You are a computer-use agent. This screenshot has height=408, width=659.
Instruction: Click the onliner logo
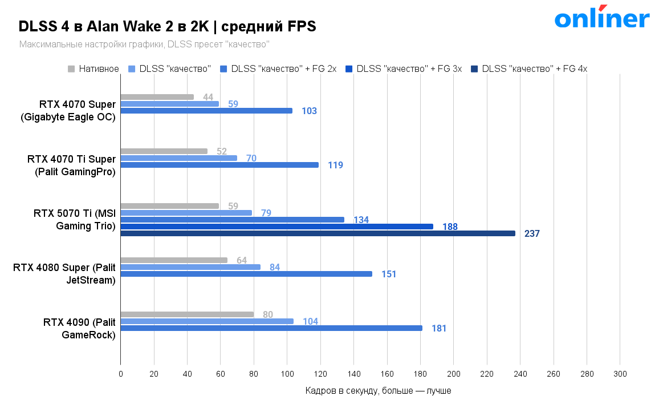pyautogui.click(x=601, y=18)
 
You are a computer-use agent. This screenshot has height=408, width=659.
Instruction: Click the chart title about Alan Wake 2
pyautogui.click(x=167, y=26)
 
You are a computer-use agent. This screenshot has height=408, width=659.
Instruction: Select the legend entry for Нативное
pyautogui.click(x=94, y=69)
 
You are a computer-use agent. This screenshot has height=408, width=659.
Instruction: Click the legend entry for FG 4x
pyautogui.click(x=530, y=69)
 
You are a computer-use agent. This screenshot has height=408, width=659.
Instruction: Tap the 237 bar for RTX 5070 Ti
pyautogui.click(x=318, y=233)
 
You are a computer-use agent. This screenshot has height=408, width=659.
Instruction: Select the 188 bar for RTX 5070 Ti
pyautogui.click(x=276, y=227)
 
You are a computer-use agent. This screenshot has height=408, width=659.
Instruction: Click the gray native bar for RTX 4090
pyautogui.click(x=187, y=314)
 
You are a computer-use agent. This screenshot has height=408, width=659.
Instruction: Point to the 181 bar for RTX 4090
pyautogui.click(x=271, y=328)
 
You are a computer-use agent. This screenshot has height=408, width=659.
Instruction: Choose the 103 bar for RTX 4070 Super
pyautogui.click(x=206, y=111)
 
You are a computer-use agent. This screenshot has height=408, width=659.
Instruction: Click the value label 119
pyautogui.click(x=335, y=165)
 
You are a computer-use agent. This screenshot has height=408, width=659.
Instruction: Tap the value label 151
pyautogui.click(x=389, y=274)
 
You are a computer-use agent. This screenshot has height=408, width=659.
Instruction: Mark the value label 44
pyautogui.click(x=208, y=97)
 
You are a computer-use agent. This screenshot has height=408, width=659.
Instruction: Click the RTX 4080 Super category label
pyautogui.click(x=64, y=273)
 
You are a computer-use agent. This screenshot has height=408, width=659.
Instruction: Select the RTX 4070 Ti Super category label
pyautogui.click(x=71, y=165)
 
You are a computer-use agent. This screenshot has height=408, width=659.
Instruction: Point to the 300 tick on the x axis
pyautogui.click(x=620, y=374)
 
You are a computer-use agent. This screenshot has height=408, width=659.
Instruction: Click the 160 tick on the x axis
pyautogui.click(x=387, y=374)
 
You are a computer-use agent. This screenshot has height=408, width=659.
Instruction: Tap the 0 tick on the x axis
pyautogui.click(x=120, y=374)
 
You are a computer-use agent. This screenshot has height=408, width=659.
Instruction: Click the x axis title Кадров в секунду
pyautogui.click(x=378, y=391)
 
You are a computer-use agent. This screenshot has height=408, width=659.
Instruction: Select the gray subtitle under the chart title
pyautogui.click(x=144, y=44)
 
